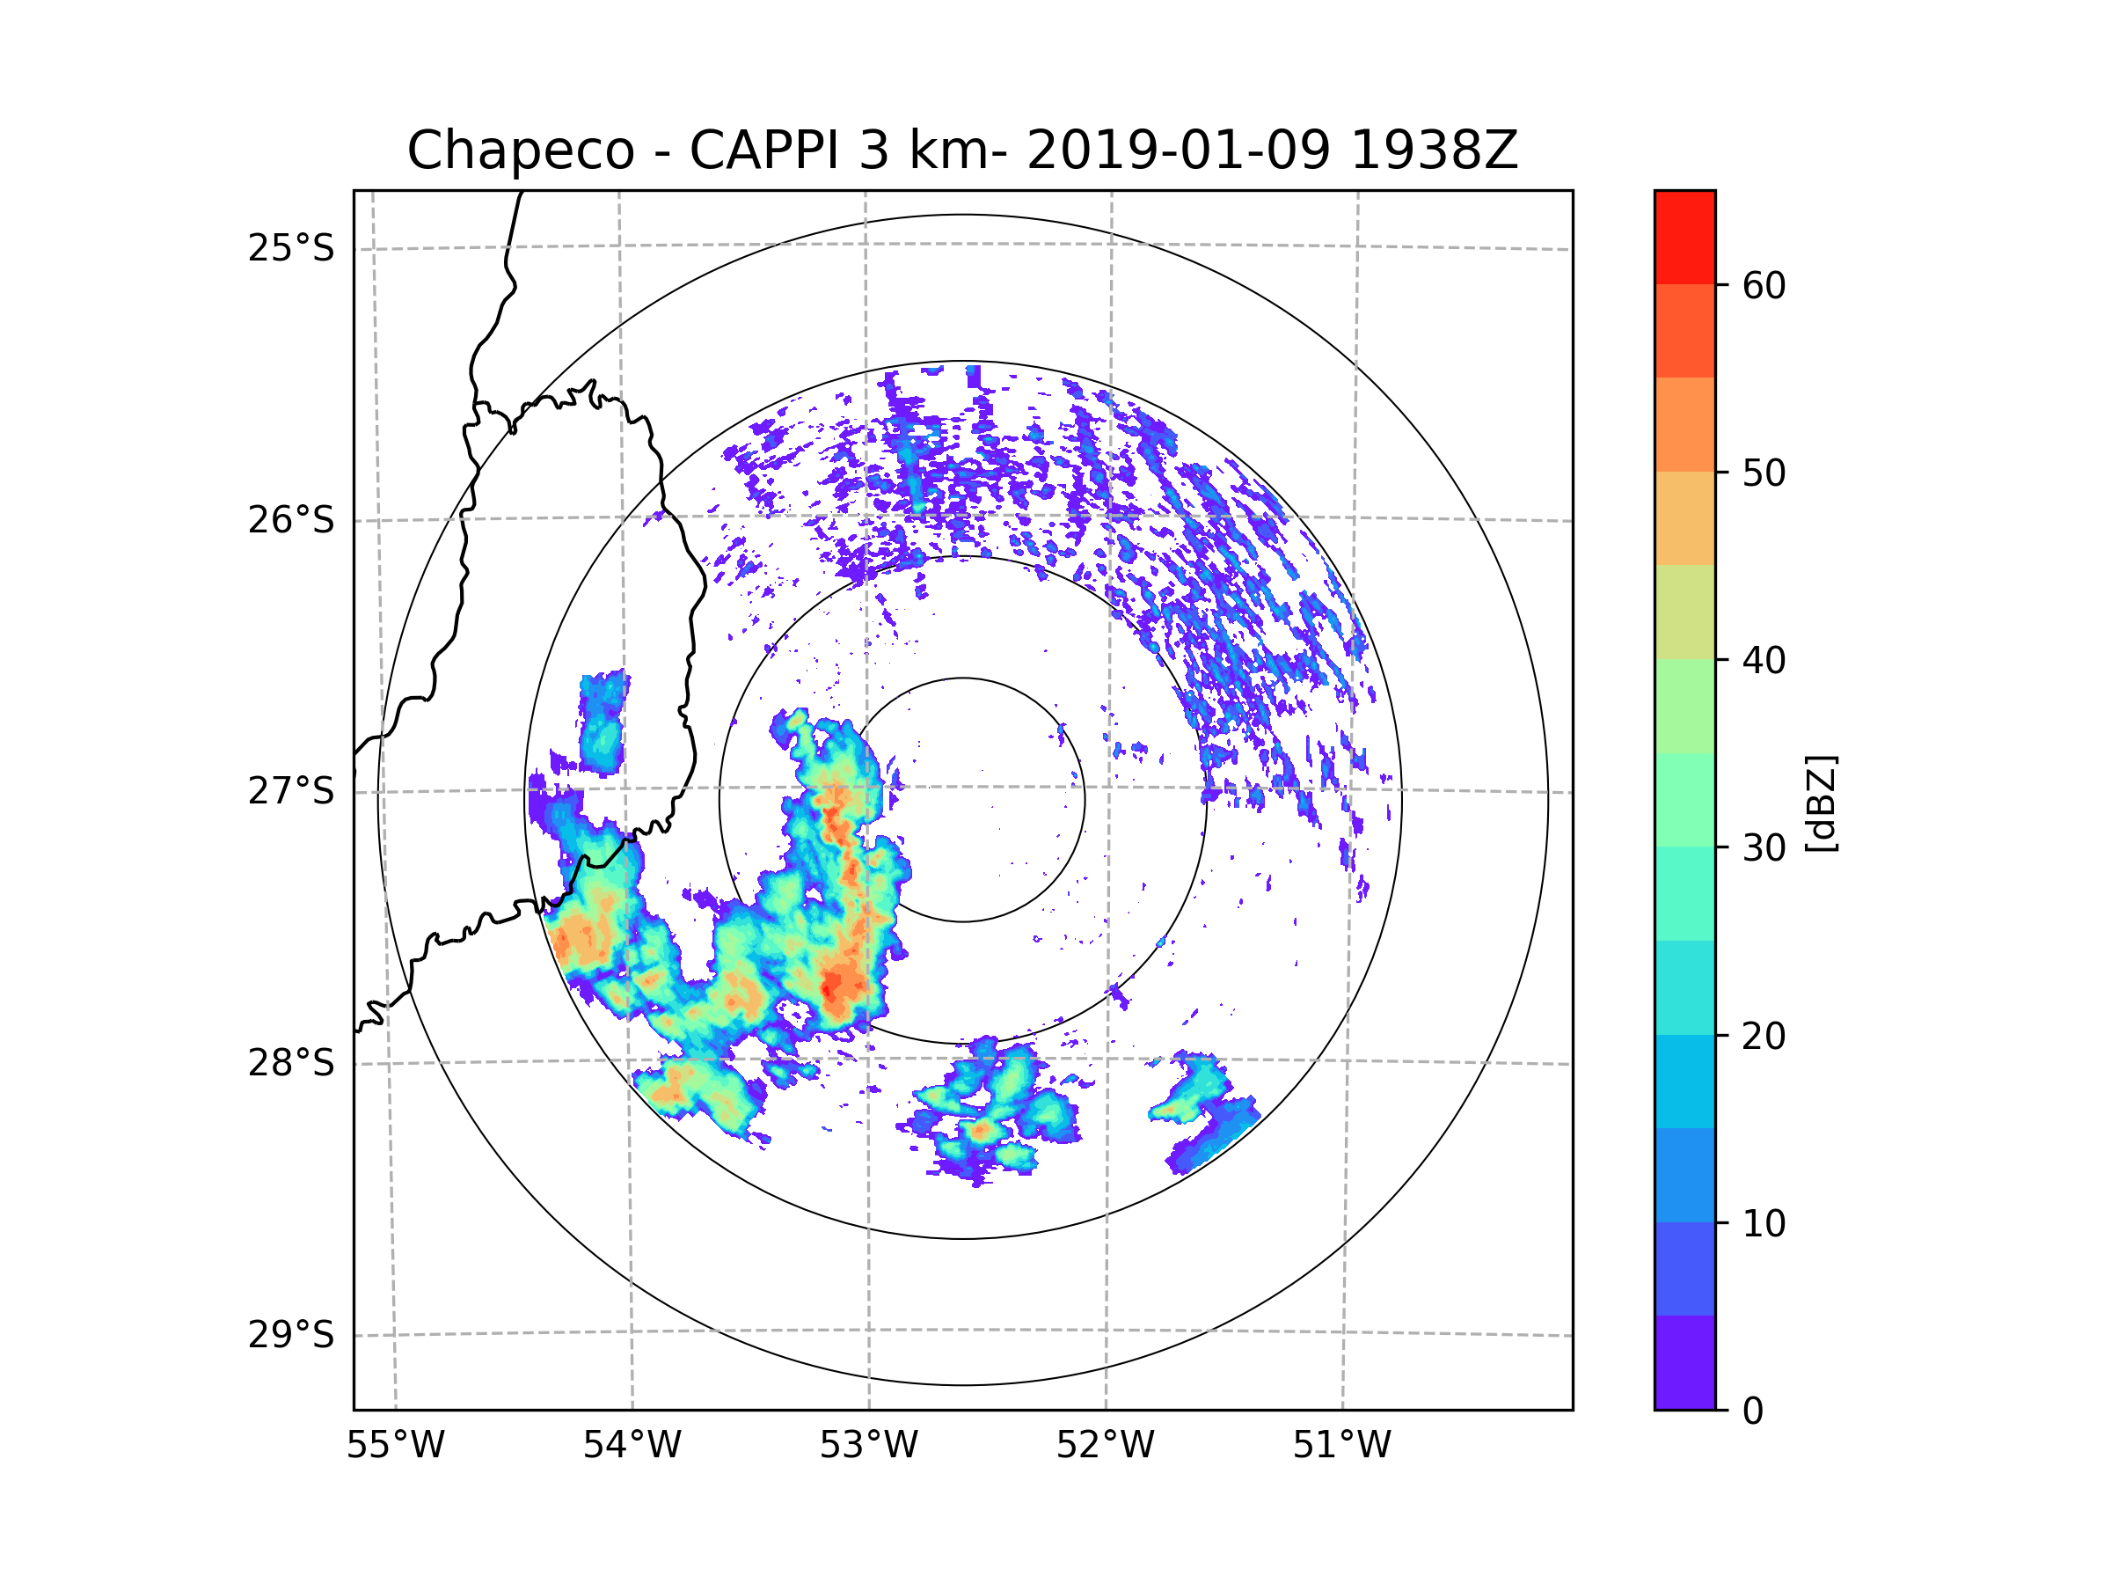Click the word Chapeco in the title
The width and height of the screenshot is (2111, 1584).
tap(520, 150)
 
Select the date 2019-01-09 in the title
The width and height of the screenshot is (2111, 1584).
tap(1178, 150)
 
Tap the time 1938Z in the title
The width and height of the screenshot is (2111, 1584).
tap(1434, 150)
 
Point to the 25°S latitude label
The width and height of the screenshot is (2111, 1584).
tap(291, 248)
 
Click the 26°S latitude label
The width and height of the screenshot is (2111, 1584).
tap(291, 520)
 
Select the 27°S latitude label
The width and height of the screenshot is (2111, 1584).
tap(291, 791)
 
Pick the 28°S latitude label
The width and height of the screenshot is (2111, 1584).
tap(291, 1063)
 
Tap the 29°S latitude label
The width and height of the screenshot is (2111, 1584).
tap(291, 1335)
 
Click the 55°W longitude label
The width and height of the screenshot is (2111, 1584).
tap(395, 1446)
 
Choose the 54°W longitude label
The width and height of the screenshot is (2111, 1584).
tap(632, 1446)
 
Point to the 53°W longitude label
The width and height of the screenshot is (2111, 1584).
tap(868, 1446)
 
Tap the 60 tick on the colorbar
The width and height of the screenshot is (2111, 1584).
tap(1764, 285)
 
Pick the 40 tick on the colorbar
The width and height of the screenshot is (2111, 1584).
tap(1764, 661)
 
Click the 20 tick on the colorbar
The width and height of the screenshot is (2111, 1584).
tap(1764, 1036)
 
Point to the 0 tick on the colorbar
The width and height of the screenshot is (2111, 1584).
tap(1753, 1412)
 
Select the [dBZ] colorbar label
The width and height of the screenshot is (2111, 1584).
tap(1821, 803)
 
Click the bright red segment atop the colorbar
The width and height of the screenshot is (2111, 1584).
tap(1684, 237)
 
